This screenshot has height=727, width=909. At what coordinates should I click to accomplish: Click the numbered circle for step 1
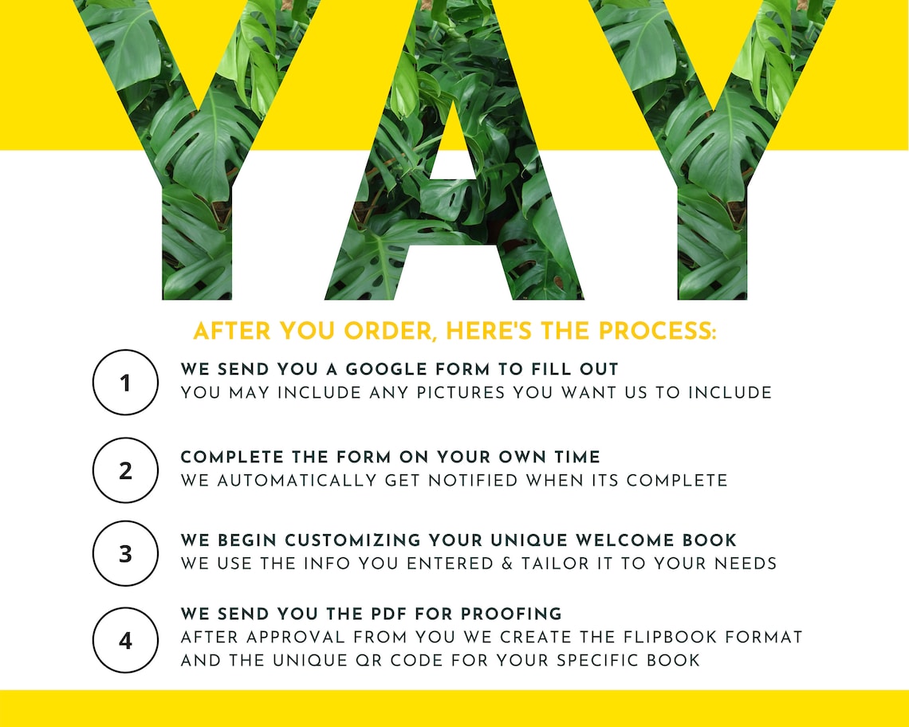point(125,383)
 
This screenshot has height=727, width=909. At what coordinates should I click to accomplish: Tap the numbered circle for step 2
point(125,470)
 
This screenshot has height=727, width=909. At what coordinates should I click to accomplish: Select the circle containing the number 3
point(125,554)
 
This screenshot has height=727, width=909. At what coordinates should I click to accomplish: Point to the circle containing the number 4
point(125,640)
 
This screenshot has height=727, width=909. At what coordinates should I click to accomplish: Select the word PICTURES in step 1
point(454,392)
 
